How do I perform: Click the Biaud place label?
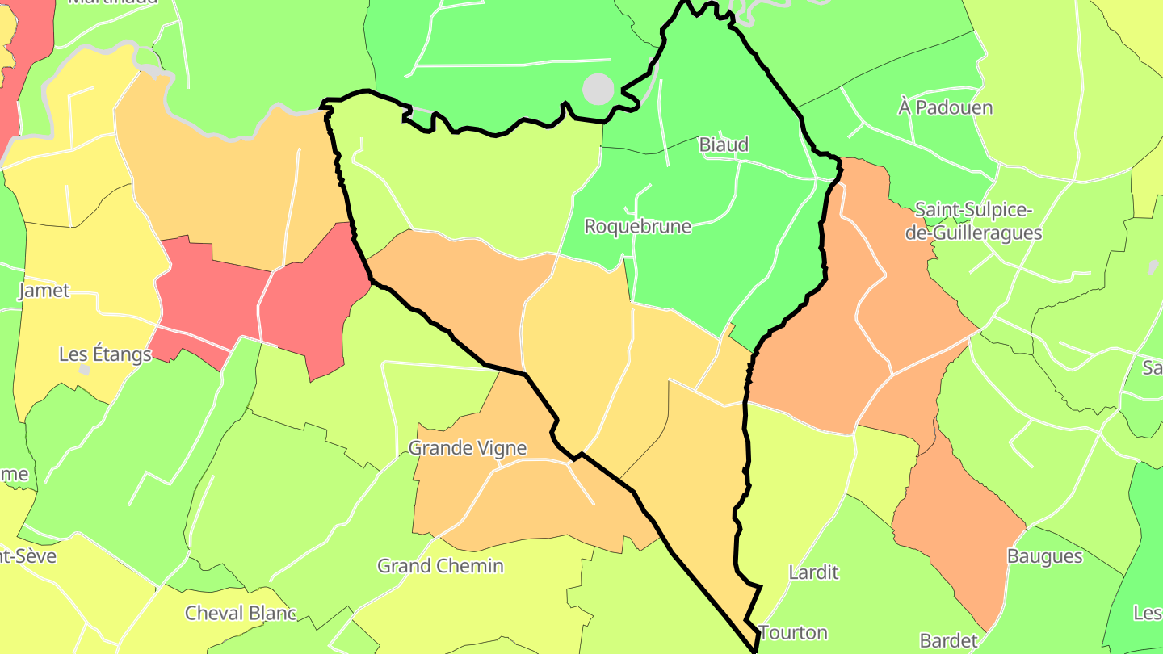point(724,145)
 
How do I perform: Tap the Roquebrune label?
point(638,226)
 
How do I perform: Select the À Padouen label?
point(945,107)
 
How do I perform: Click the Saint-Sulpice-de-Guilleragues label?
point(978,222)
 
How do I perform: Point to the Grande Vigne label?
point(468,448)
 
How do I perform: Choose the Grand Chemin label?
point(440,566)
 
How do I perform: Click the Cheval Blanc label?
point(241,613)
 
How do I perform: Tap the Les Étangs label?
point(105,354)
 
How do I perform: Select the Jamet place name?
point(44,291)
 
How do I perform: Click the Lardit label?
point(813,572)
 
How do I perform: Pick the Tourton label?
point(793,632)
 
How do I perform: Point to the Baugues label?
point(1044,556)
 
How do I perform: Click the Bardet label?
point(949,641)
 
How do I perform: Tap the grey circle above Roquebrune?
point(598,90)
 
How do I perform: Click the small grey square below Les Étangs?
point(84,370)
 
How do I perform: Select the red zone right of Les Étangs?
point(210,299)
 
